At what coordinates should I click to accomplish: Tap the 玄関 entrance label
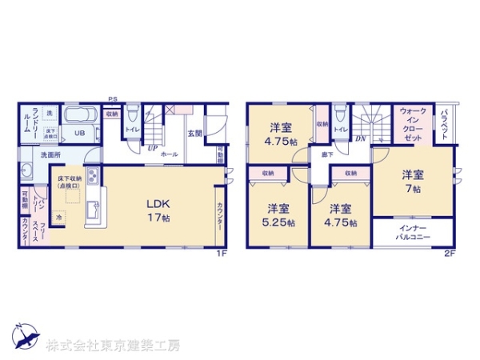point(194,133)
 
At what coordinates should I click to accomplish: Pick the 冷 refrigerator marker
point(60,218)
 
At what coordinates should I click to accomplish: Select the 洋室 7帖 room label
point(411,180)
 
